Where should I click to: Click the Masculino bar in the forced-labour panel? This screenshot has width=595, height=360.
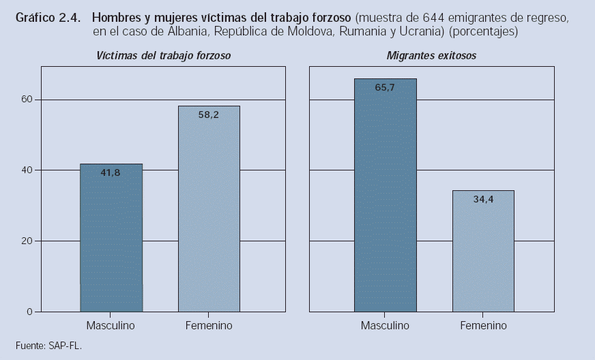(x=111, y=238)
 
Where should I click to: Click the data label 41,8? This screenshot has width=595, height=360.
(x=110, y=173)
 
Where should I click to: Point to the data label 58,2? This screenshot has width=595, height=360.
(x=208, y=115)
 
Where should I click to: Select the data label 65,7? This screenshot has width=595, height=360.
(x=385, y=88)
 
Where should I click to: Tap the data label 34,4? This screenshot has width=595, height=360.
(x=483, y=200)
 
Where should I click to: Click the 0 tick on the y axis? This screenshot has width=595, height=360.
(x=29, y=312)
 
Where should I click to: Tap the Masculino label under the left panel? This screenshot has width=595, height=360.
(x=111, y=325)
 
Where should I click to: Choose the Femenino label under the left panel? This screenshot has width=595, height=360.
(x=209, y=325)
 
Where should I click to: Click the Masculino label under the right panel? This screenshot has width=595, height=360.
(x=385, y=325)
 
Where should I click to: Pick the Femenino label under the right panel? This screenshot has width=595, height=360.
(x=483, y=325)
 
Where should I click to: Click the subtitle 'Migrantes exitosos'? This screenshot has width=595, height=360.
(x=431, y=55)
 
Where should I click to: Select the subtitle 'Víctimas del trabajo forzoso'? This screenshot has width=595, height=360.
(x=162, y=55)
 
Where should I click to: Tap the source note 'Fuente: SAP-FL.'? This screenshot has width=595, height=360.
(x=48, y=346)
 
